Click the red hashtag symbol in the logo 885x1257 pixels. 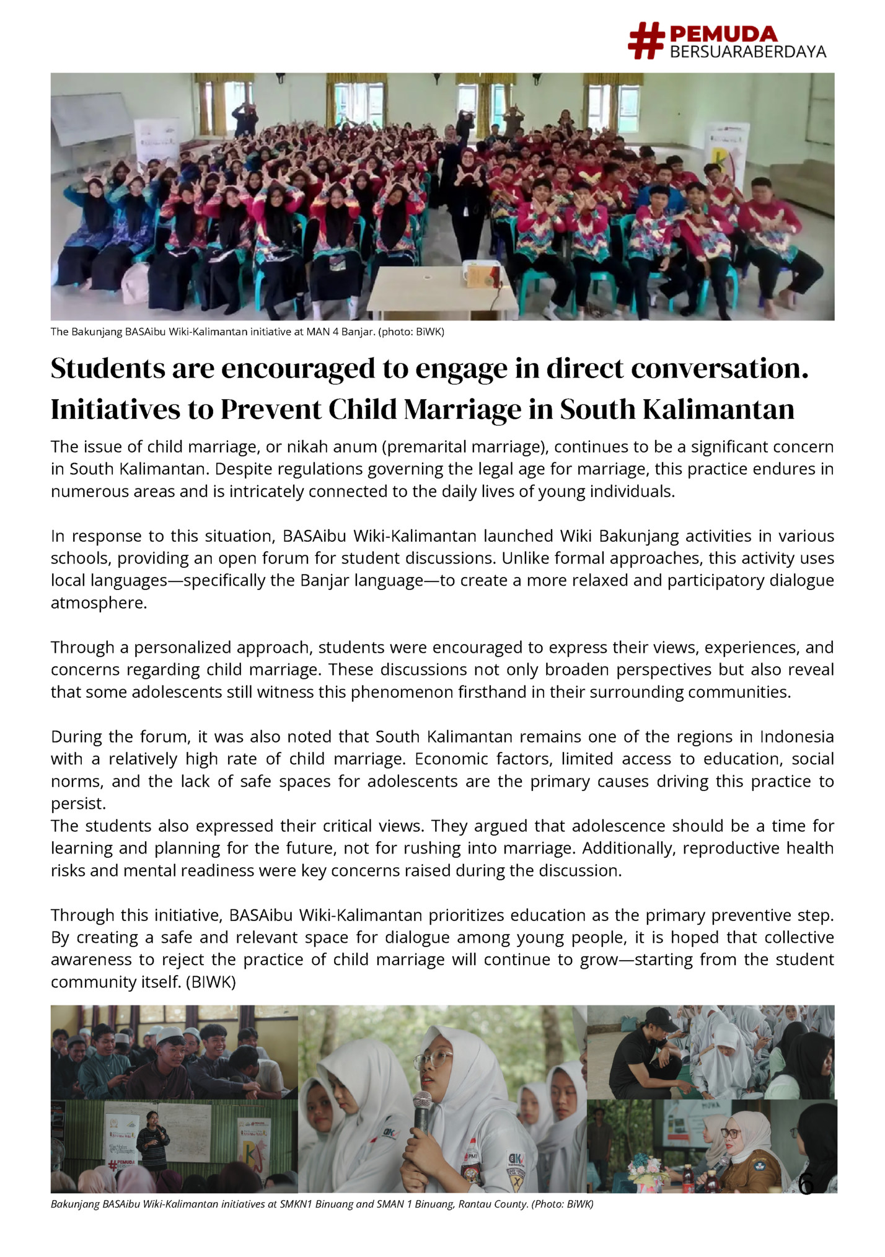(x=646, y=41)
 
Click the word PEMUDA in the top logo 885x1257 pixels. (x=723, y=34)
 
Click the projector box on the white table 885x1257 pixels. (x=481, y=274)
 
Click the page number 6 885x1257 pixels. (x=806, y=1184)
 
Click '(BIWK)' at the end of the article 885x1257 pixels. (x=211, y=982)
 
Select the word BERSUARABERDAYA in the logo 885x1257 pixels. (x=748, y=51)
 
